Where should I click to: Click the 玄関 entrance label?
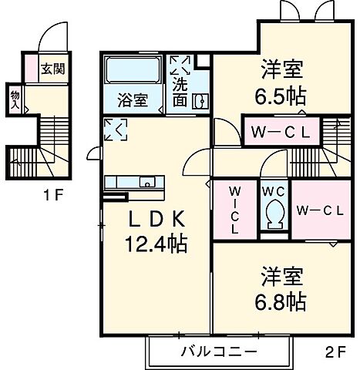point(52,69)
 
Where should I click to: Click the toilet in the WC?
point(273,211)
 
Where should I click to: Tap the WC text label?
point(273,190)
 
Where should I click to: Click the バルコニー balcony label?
point(220,351)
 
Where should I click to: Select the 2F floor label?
point(334,354)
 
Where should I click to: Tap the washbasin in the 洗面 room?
point(200,100)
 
